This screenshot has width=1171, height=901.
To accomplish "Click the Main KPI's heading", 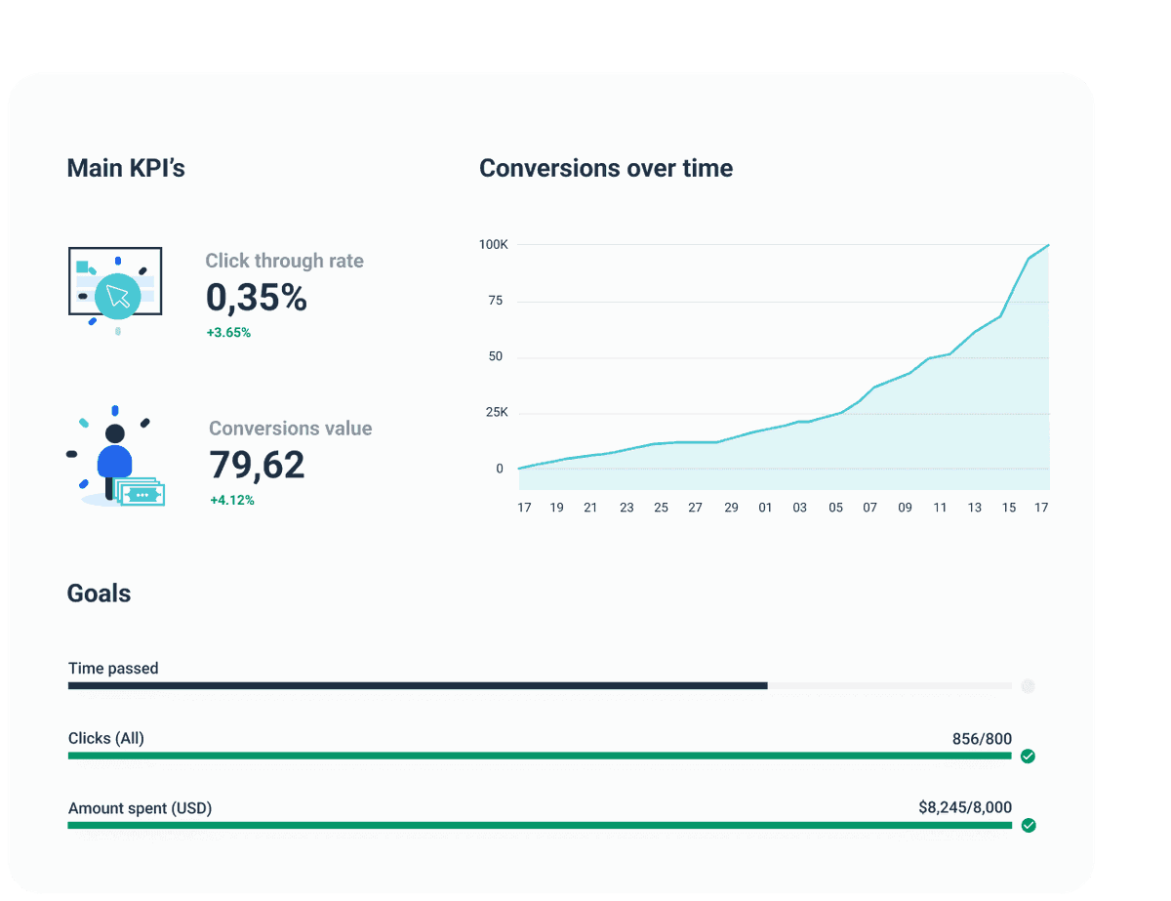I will pos(126,168).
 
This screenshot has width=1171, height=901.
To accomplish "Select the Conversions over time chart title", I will pos(606,168).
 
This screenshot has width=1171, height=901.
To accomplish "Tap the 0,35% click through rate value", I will pos(257,298).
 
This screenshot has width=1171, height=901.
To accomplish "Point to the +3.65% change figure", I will pos(228,333).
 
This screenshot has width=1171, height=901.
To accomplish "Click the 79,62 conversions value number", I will pos(257,465).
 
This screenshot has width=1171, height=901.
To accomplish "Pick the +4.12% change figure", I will pos(231,501).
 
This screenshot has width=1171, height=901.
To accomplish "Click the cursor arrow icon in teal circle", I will pos(119,296).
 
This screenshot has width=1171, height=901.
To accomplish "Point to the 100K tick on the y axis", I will pos(493,244).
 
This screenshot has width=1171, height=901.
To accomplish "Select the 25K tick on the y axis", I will pos(496,413).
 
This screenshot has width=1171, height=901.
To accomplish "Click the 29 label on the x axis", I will pos(731,508).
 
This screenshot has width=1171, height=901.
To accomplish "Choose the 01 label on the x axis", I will pos(765,508).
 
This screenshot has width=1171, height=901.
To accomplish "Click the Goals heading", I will pos(99,594).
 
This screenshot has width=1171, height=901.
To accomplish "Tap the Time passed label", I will pos(113,669).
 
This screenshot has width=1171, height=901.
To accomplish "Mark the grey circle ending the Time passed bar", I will pos(1028,686).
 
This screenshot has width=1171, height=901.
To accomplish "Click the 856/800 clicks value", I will pos(982,739).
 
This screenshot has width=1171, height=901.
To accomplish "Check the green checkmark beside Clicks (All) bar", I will pos(1028,756).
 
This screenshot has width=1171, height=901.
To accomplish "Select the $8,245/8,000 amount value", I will pos(965,807).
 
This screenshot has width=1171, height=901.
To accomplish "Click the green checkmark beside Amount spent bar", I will pos(1028,825).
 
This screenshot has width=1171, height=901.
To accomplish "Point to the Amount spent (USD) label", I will pos(140,808).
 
